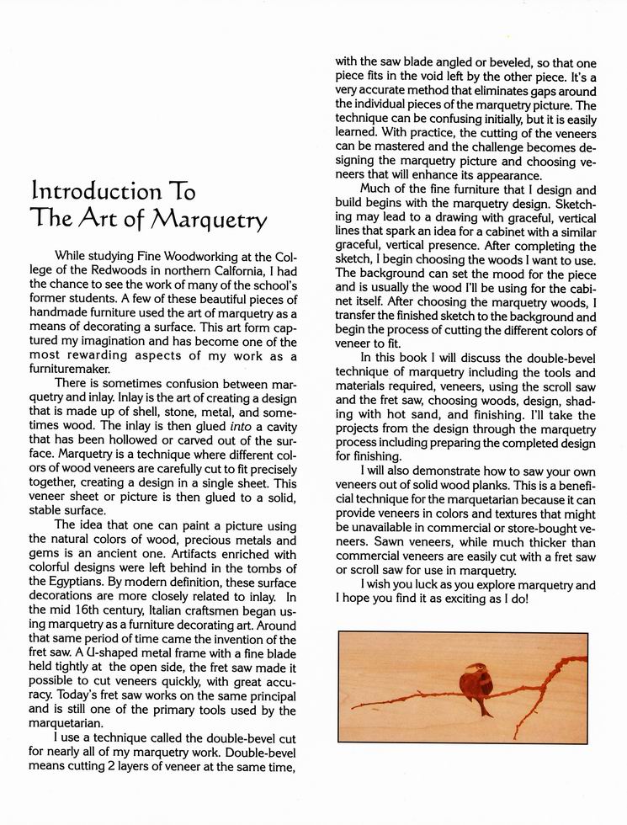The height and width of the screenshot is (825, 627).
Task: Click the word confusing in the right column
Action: tap(461, 119)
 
